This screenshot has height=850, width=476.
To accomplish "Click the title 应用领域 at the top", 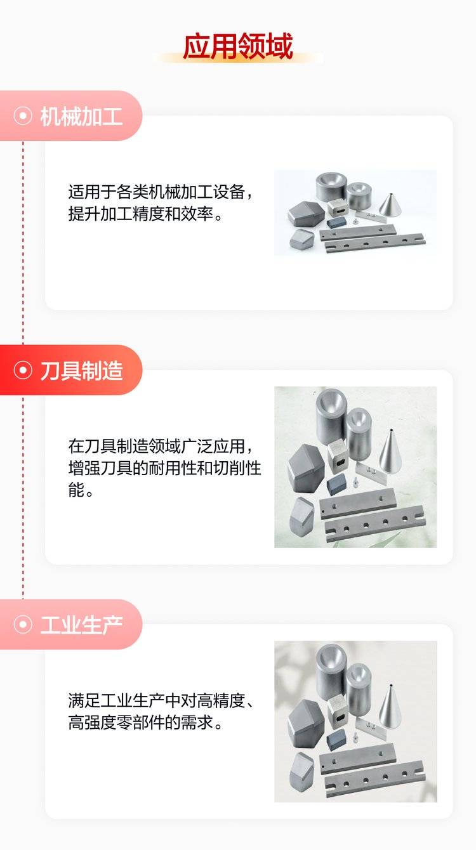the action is (238, 46).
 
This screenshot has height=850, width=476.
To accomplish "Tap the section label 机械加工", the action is (81, 117).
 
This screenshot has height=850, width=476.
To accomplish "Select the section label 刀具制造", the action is (81, 370).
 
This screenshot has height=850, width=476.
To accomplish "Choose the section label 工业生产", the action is (81, 625).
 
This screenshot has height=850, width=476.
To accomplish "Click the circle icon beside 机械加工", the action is (23, 115).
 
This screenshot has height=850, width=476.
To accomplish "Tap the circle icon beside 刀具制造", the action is (23, 370).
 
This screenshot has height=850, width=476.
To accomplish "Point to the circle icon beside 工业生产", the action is (23, 624).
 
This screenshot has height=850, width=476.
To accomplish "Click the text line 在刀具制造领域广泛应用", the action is (160, 446).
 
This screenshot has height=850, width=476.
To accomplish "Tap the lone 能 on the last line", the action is (76, 490).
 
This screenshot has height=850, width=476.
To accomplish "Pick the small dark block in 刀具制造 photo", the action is (336, 483).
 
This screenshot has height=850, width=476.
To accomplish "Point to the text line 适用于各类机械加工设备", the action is (160, 192).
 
